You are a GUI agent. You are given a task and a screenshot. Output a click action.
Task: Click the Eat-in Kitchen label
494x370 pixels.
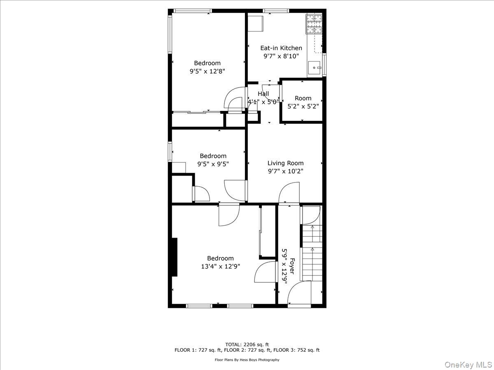point(281,48)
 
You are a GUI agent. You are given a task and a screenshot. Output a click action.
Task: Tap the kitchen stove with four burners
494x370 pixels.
point(314,24)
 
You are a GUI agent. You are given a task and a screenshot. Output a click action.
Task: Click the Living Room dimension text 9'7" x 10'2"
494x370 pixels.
point(285,171)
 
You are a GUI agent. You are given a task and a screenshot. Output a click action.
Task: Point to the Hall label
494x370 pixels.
point(263,94)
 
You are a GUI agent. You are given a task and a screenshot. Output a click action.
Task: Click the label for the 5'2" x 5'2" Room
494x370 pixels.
point(303,98)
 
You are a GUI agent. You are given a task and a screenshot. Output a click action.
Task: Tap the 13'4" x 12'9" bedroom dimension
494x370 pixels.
point(220,266)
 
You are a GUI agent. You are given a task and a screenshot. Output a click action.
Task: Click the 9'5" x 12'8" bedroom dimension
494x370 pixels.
point(207,71)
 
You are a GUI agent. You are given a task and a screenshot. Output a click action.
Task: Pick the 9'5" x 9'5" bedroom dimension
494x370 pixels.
point(213,164)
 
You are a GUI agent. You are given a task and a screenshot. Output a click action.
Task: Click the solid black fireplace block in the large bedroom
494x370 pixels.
point(175,257)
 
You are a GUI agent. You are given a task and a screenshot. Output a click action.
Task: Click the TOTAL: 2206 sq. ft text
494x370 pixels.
point(247,344)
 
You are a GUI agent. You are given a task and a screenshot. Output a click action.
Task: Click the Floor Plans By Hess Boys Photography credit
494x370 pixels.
point(247,360)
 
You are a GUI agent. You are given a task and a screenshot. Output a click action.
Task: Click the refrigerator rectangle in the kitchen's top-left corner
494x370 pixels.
point(256,24)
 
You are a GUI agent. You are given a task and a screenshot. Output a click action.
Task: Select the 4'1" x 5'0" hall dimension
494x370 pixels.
point(263,101)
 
